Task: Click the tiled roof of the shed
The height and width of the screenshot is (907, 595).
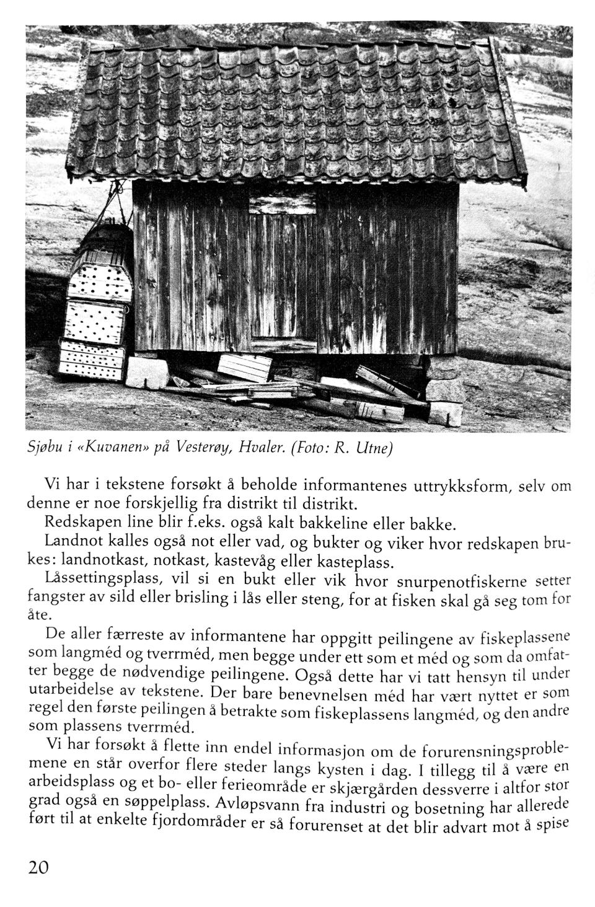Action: pyautogui.click(x=297, y=112)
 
